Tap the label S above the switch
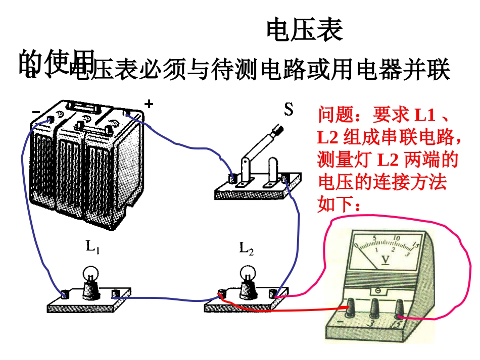tap(289, 110)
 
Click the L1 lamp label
tap(92, 247)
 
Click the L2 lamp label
tap(246, 248)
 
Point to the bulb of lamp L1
tap(91, 273)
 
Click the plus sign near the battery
tap(149, 104)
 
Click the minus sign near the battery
tap(36, 111)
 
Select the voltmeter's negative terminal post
tap(350, 305)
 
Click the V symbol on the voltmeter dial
tap(386, 260)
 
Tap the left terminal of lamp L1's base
tap(65, 294)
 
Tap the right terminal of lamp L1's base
tap(117, 293)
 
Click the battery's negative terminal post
tap(50, 119)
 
